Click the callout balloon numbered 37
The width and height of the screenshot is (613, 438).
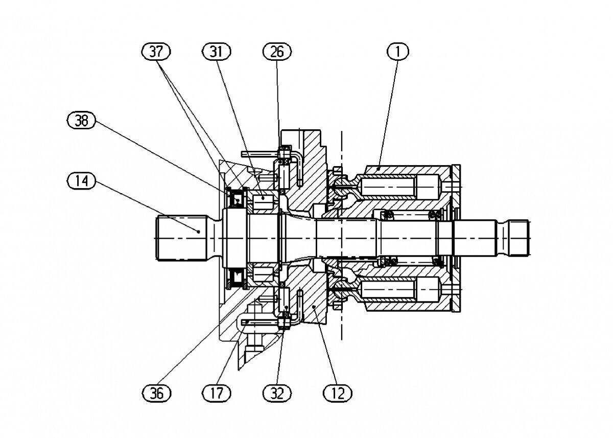coord(156,52)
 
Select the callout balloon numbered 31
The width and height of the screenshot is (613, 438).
coord(217,52)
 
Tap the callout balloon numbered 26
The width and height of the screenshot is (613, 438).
coord(277,52)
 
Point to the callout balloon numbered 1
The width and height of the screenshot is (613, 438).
coord(398,52)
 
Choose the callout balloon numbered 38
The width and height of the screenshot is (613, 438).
coord(82,120)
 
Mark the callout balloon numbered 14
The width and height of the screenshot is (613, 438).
coord(82,181)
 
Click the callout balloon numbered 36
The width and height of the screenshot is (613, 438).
coord(156,394)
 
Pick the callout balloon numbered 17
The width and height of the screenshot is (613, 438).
coord(217,394)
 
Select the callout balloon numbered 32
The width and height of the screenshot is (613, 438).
coord(277,394)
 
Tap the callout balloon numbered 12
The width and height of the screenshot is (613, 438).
coord(338,394)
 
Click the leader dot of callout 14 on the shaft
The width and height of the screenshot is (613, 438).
coord(199,232)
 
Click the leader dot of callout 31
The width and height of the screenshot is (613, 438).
coord(263,198)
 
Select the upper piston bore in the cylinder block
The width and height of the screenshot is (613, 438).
coord(401,187)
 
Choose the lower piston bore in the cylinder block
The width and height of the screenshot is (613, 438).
coord(401,290)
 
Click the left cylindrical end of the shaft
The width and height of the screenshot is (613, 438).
coord(181,238)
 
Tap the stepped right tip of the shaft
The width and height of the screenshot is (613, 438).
coord(514,238)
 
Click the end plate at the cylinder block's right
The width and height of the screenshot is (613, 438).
coord(456,238)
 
